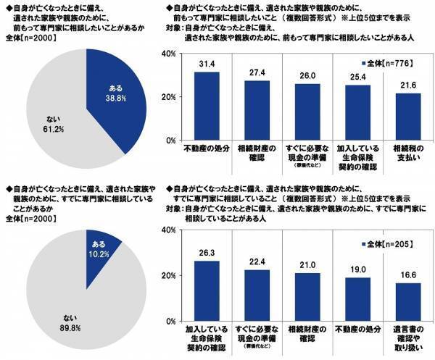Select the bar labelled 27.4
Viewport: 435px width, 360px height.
point(257,110)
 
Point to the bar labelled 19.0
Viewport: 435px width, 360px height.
point(356,298)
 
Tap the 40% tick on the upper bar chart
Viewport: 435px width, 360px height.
point(167,54)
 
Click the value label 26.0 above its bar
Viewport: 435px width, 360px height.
point(306,75)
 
